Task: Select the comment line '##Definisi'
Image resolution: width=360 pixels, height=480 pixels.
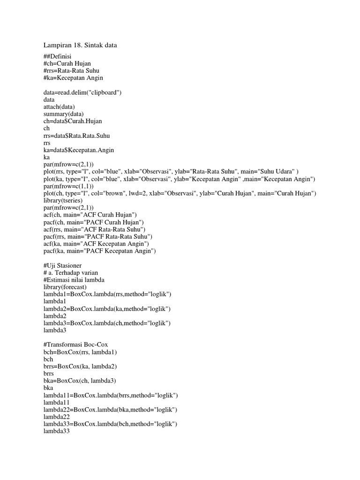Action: point(58,56)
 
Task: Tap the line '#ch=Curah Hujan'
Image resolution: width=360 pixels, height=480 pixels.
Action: point(67,63)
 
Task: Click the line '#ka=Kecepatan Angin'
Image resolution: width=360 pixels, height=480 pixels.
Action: point(73,78)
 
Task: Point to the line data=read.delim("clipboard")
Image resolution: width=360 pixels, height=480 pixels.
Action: point(82,92)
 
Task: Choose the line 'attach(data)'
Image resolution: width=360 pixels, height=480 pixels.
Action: point(59,107)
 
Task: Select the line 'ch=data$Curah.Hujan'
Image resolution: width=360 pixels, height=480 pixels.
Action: point(73,121)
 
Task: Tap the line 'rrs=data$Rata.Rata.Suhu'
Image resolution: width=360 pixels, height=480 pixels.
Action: point(77,135)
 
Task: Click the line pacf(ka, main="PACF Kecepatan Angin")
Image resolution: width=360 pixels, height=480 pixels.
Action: point(99,251)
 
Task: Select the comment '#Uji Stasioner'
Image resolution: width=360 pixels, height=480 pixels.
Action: point(62,266)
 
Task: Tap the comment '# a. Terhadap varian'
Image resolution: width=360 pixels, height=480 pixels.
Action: point(70,273)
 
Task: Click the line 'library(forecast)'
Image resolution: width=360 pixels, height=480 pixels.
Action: point(65,287)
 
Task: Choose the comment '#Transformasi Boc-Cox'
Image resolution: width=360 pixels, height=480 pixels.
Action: point(75,345)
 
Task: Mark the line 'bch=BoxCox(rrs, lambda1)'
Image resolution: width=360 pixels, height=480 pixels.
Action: point(80,352)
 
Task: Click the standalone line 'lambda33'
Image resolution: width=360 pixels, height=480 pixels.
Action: point(56,432)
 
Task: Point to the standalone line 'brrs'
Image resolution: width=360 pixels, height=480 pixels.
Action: point(49,374)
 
